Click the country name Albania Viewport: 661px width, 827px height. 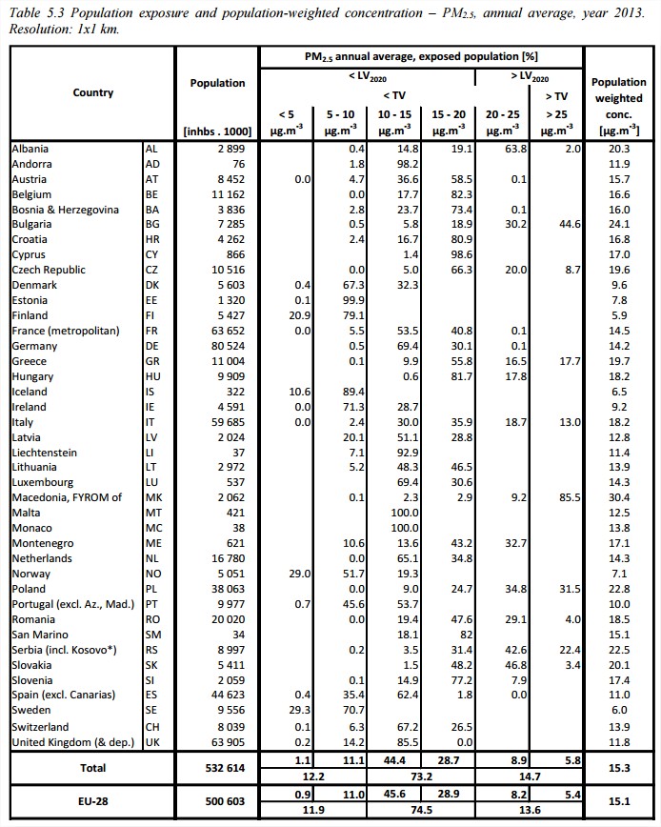point(30,149)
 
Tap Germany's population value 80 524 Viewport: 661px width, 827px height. point(224,346)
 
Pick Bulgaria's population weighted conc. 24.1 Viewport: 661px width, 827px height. point(618,225)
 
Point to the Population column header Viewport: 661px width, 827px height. point(217,83)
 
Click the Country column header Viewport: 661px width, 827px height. point(92,92)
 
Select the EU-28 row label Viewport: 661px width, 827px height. point(92,803)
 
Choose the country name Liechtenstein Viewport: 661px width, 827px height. point(45,453)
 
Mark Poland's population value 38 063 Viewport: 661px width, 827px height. point(224,589)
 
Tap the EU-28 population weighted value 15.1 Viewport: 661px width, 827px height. point(618,803)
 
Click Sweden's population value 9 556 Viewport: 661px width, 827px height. point(227,710)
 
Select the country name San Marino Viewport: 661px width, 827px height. point(39,635)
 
